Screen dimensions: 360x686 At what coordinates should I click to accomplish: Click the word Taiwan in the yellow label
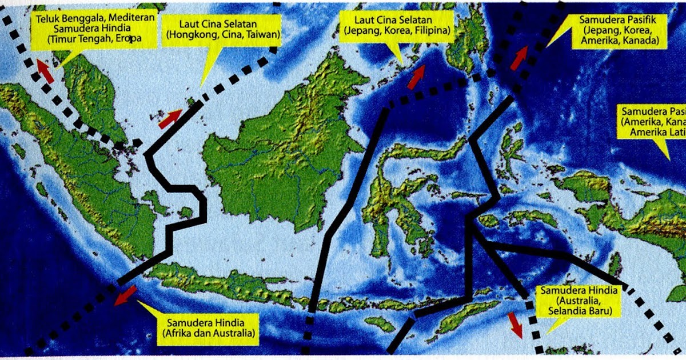pos(266,35)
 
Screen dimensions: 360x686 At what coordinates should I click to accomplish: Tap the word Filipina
pos(429,30)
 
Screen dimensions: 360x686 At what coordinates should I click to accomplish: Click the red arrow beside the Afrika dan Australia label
pos(125,295)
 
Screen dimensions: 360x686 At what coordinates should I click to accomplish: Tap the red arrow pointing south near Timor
pos(516,325)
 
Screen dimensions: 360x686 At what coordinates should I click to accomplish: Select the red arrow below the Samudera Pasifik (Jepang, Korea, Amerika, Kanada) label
pos(519,57)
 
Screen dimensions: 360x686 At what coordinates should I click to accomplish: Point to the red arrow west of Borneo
pos(170,118)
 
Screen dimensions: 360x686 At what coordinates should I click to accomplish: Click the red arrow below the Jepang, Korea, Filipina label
pos(417,77)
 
